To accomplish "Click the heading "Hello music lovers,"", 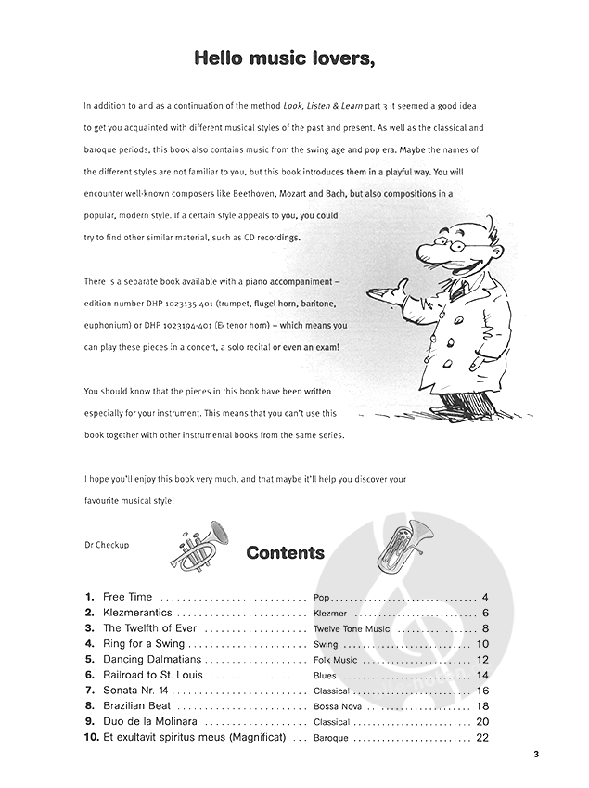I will (x=285, y=59).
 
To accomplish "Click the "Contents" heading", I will (x=285, y=553).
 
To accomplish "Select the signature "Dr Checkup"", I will (x=106, y=545).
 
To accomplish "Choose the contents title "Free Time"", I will (x=128, y=597).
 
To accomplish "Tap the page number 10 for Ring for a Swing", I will (x=482, y=644).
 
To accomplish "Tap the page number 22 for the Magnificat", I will (x=481, y=738).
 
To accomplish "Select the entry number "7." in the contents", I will (x=90, y=691).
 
